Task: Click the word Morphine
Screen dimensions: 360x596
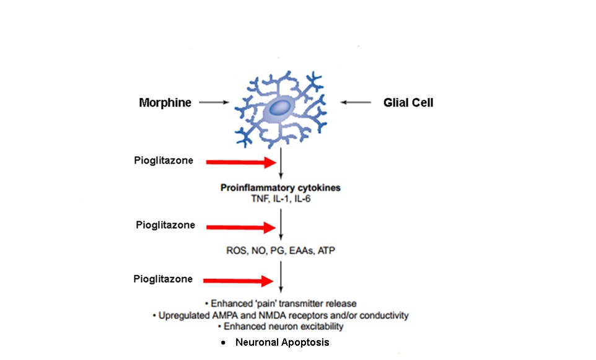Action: click(x=165, y=102)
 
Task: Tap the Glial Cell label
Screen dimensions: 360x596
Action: click(x=408, y=102)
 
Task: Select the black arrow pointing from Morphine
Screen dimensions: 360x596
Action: click(x=214, y=103)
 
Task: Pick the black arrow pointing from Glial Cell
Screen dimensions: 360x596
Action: click(x=354, y=103)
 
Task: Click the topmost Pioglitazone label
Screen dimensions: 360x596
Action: click(x=164, y=161)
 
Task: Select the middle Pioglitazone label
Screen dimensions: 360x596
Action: click(x=165, y=225)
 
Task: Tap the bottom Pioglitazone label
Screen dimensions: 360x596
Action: click(x=163, y=279)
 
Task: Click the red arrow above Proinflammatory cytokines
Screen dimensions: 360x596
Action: click(x=240, y=162)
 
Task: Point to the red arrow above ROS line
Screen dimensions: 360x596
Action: click(x=240, y=227)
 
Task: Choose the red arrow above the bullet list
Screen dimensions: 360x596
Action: click(x=240, y=281)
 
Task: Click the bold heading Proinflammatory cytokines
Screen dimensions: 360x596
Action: click(x=281, y=188)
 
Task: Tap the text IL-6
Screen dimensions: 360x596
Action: click(x=303, y=198)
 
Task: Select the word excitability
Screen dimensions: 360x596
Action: click(x=316, y=327)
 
